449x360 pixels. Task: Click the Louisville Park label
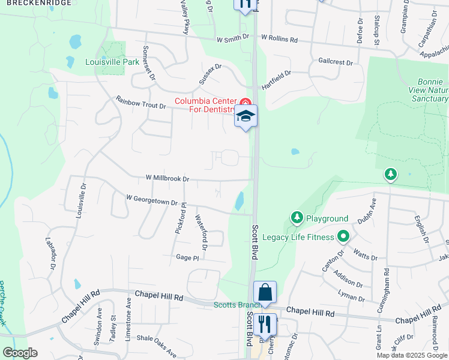112,62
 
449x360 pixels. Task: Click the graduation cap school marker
246,115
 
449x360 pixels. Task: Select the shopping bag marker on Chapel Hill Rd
265,292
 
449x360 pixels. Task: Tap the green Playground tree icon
296,217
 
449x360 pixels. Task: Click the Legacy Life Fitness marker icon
343,236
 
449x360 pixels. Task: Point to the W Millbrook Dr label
167,178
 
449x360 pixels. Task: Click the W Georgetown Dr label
152,200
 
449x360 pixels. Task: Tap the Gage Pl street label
187,257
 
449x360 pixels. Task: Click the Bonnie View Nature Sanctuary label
431,89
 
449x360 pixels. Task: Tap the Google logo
20,353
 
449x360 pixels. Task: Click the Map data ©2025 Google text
412,355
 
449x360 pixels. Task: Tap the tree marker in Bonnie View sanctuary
391,174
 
